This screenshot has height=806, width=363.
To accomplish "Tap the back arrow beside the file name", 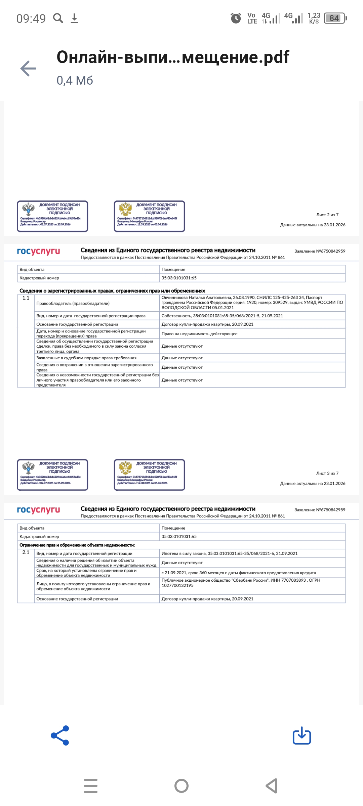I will click(29, 69).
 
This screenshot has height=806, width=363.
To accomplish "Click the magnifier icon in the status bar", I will click(58, 18).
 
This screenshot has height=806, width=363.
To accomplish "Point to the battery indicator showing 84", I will click(335, 18).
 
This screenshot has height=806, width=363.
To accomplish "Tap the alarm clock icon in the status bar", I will click(236, 18).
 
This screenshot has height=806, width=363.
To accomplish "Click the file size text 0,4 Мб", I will click(75, 81).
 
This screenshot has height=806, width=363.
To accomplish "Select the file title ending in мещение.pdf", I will click(173, 57).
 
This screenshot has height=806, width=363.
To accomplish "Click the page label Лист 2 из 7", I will click(327, 215).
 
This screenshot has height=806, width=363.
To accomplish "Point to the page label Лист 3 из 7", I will click(327, 474).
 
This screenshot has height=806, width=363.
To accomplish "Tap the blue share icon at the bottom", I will click(60, 736).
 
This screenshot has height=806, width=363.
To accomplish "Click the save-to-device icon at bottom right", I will click(302, 736).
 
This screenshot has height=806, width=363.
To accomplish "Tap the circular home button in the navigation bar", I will click(182, 786).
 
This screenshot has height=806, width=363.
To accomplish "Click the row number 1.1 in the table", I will click(26, 298).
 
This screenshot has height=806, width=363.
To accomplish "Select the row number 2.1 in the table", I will click(26, 552).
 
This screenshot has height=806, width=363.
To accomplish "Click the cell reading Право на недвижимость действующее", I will click(199, 334).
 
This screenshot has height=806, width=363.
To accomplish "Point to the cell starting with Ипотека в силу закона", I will click(229, 553).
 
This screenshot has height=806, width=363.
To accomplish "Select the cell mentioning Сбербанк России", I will click(241, 583).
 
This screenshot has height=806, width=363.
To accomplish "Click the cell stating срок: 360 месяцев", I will click(239, 573).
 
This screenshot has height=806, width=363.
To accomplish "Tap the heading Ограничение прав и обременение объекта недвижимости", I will click(77, 545).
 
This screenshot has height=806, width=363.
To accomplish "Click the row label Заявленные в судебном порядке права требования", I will click(86, 358).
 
